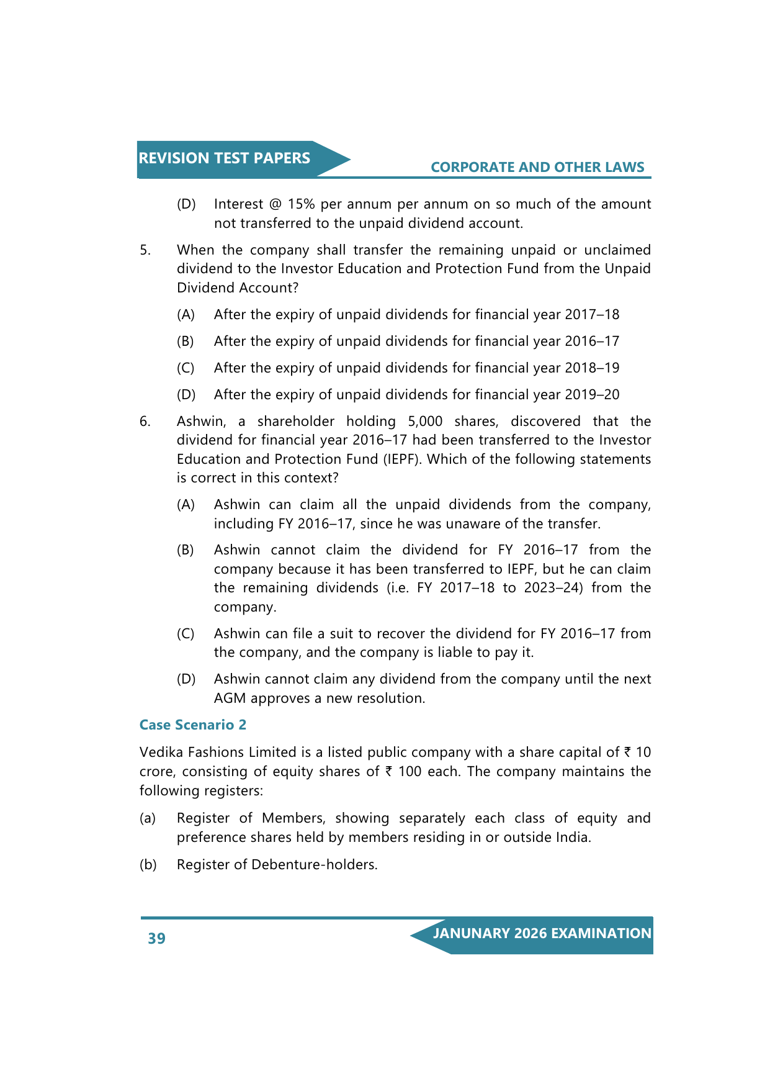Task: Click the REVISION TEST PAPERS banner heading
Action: tap(224, 158)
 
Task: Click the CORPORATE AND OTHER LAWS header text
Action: tap(537, 167)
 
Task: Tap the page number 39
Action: tap(156, 938)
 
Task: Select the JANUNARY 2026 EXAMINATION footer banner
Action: tap(542, 934)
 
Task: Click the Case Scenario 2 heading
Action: tap(193, 725)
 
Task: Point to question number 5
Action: tap(145, 250)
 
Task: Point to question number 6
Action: tap(145, 421)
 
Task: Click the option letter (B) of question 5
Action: tap(186, 341)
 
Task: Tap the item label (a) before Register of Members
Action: tap(148, 818)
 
